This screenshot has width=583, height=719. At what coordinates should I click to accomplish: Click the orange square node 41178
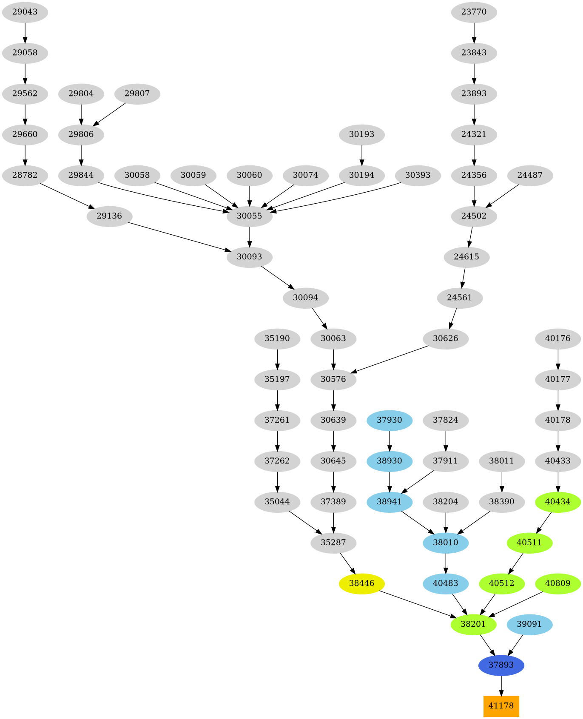coord(501,706)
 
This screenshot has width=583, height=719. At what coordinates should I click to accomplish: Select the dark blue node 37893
coord(501,665)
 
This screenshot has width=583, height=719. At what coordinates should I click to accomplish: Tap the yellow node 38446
coord(361,583)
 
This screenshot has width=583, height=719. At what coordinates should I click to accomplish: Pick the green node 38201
coord(473,624)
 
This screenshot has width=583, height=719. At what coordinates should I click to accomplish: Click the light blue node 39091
coord(529,624)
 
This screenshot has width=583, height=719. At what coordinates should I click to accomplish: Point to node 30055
coord(249,216)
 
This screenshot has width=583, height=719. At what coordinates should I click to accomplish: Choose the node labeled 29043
coord(25,12)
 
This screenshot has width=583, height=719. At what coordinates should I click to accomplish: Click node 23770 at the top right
coord(474,12)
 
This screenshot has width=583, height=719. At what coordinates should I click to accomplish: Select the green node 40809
coord(557,583)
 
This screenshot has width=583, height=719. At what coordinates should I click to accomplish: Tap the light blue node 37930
coord(390,420)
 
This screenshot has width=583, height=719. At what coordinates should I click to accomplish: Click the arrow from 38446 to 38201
coord(417,603)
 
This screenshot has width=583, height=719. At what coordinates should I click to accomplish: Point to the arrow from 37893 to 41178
coord(501,685)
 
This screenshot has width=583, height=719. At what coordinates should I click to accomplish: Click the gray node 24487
coord(530,175)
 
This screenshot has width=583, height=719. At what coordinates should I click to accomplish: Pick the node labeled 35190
coord(277,338)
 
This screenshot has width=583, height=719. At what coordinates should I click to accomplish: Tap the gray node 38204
coord(446,502)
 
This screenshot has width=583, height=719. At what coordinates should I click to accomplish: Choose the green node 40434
coord(557,502)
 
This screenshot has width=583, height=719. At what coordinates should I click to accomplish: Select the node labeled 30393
coord(418,175)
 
